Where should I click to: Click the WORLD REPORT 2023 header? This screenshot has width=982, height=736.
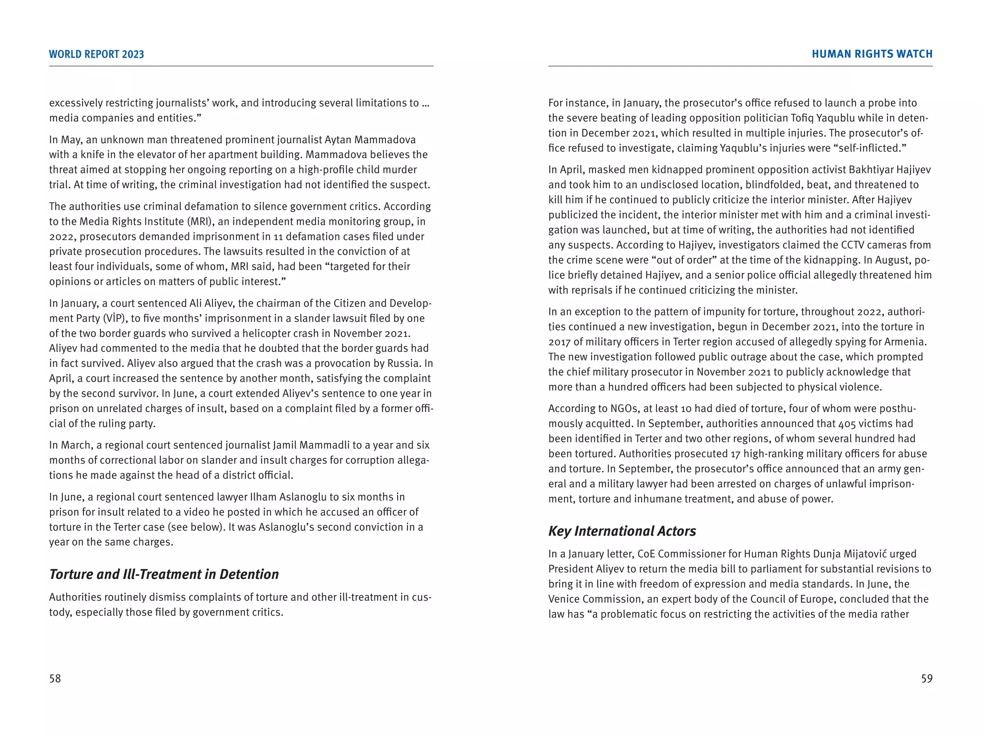[x=96, y=54]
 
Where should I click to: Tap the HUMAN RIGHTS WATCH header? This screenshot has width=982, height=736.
[x=872, y=54]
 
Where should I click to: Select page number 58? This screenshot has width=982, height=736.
[x=55, y=678]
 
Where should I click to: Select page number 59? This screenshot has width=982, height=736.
[x=926, y=678]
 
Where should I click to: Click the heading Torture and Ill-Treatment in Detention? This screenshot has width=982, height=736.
[x=164, y=574]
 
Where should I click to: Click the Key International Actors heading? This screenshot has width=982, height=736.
[x=622, y=531]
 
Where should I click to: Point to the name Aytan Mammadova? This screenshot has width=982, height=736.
[x=370, y=139]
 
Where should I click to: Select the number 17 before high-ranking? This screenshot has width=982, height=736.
[x=736, y=454]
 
